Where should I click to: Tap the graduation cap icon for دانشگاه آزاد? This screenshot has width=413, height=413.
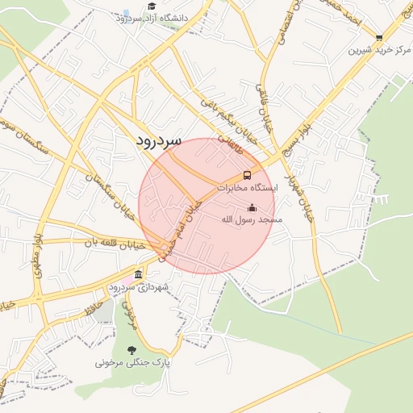click(x=151, y=6)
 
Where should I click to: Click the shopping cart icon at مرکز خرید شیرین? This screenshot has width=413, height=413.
click(x=379, y=37)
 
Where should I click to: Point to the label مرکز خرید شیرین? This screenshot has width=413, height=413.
click(x=376, y=49)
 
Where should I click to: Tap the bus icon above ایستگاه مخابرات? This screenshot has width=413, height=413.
click(x=247, y=174)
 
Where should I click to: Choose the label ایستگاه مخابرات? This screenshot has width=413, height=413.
click(x=247, y=186)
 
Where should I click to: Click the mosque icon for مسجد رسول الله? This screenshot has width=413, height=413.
click(x=252, y=207)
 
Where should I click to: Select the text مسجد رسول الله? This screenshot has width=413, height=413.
click(x=249, y=219)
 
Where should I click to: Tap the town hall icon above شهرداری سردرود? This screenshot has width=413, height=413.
click(x=139, y=274)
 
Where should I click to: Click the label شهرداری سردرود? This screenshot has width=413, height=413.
click(x=139, y=287)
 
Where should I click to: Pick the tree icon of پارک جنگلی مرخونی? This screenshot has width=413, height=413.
click(x=131, y=350)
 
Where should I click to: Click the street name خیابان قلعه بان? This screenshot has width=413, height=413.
click(x=114, y=242)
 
